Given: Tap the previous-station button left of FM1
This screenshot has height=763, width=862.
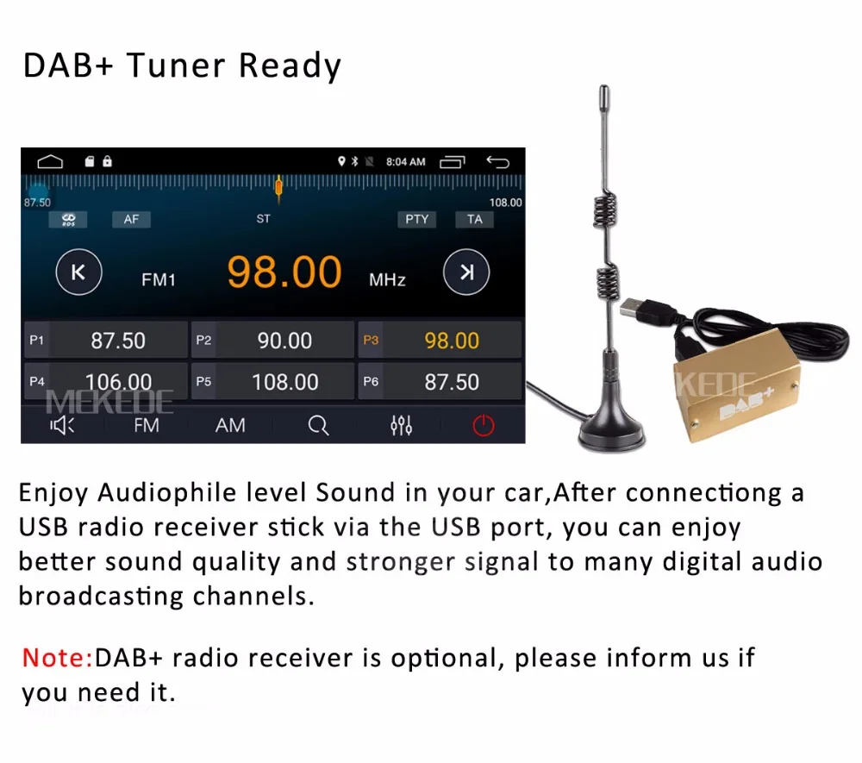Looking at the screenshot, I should pos(78,273).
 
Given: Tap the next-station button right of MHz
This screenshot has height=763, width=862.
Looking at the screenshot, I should pos(466,273).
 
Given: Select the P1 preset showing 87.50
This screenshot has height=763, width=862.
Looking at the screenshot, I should pos(104,340).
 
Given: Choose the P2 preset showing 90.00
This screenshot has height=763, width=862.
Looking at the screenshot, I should pos(272,340).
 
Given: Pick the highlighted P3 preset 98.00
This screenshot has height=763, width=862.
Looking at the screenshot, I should pos(440,340).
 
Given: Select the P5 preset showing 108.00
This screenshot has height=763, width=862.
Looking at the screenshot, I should pos(272,381).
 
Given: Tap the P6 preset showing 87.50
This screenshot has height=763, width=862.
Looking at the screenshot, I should pos(440,381).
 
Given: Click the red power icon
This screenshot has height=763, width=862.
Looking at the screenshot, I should pos(483,425).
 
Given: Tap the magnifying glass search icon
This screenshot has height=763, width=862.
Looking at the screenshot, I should pos(318,425).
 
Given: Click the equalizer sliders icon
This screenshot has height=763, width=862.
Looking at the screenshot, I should pos(401,425).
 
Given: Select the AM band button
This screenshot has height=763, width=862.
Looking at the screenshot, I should pos(230,425).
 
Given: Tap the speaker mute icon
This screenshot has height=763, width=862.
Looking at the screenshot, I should pos(63,425).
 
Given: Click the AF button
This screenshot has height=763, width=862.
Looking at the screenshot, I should pos(131,219).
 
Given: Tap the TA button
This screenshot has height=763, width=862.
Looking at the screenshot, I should pos(474,219).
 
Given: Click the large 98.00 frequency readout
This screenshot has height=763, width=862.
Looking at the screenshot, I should pos(284,272).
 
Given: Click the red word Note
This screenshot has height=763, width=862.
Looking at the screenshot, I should pos(57,658).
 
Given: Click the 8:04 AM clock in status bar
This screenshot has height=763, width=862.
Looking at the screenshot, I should pos(405,161).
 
